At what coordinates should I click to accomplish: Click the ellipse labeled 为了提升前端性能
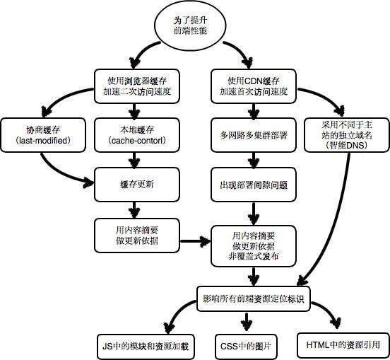[x=190, y=25]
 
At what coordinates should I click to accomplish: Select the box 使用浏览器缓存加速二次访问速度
[x=137, y=86]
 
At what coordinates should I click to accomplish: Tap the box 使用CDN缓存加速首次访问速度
[x=254, y=86]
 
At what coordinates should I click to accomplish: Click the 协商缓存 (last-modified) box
[x=43, y=135]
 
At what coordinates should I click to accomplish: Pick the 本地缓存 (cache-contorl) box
[x=137, y=135]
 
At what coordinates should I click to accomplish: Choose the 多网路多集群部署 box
[x=254, y=135]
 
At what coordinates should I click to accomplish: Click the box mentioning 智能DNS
[x=347, y=135]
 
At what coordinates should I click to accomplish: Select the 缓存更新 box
[x=137, y=185]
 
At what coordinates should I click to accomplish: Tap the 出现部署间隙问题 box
[x=254, y=185]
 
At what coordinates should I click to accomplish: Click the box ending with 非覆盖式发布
[x=254, y=246]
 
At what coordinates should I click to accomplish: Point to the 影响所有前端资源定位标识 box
[x=254, y=298]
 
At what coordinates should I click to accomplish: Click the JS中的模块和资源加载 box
[x=146, y=347]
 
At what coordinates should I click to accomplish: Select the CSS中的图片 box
[x=246, y=347]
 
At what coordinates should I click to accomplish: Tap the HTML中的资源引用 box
[x=343, y=345]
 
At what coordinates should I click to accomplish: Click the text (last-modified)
[x=43, y=141]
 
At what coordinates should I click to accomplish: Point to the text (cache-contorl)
[x=137, y=141]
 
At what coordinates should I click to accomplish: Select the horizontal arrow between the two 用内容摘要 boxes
[x=195, y=241]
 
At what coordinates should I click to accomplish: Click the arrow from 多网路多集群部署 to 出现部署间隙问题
[x=254, y=160]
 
